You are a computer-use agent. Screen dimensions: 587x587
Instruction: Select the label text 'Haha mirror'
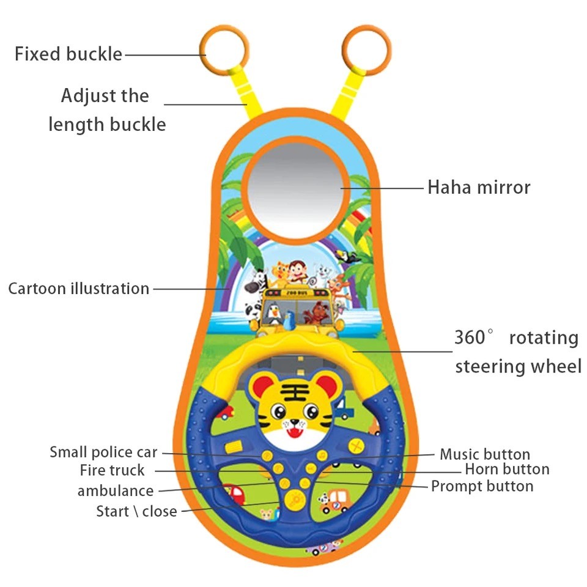[x=479, y=187]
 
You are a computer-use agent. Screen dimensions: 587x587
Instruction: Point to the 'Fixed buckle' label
[x=68, y=54]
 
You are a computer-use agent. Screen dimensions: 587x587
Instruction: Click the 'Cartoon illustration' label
[x=78, y=289]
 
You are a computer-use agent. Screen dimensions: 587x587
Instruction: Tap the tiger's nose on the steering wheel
[x=294, y=421]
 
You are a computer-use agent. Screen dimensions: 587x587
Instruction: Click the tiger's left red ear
[x=260, y=386]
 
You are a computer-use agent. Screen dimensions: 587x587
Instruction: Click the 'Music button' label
[x=485, y=454]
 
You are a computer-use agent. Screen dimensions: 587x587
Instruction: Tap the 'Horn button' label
[x=507, y=470]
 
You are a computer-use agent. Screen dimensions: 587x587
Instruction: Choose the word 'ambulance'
[x=116, y=491]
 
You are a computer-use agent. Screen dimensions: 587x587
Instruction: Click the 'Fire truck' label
[x=113, y=471]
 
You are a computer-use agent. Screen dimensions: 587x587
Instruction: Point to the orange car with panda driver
[x=334, y=503]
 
